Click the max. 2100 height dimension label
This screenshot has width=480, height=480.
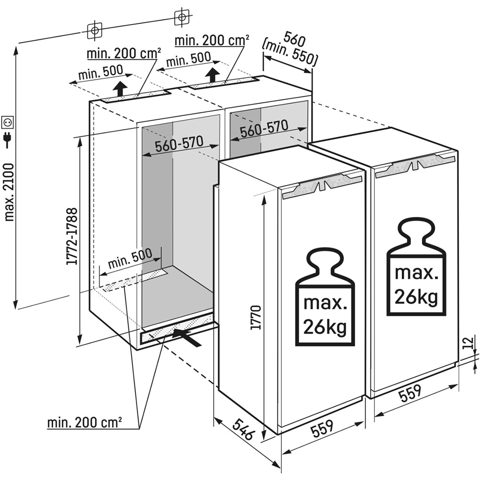[8, 192]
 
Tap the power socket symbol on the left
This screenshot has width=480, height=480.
[8, 122]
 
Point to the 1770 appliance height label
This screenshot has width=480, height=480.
[256, 316]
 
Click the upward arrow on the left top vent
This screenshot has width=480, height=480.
[120, 89]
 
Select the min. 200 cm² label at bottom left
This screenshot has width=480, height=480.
[84, 423]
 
